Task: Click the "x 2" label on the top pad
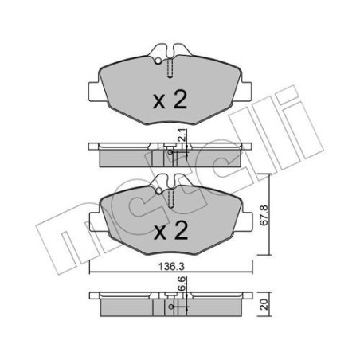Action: point(169,101)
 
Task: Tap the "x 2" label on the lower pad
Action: point(169,232)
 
